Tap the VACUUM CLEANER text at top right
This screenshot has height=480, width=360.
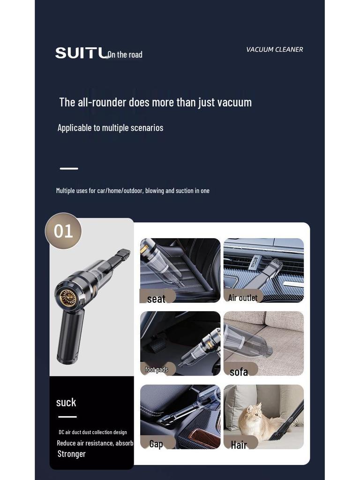pos(274,49)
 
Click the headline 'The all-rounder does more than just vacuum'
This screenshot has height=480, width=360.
pos(155,102)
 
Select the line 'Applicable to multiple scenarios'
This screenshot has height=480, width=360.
pos(110,127)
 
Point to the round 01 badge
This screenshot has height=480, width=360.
pos(63,231)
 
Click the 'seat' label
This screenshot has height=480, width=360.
pos(156,299)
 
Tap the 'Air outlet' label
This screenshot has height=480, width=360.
pos(242,298)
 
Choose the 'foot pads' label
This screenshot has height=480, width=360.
pos(156,369)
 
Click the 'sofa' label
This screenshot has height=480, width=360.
pos(239,372)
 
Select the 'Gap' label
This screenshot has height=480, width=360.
pos(156,443)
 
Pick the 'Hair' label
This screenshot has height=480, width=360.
pos(239,445)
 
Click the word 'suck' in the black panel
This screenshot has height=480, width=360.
pos(66,402)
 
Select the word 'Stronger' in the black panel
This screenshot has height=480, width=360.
pos(71,454)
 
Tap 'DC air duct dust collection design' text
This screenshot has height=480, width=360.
pos(92,432)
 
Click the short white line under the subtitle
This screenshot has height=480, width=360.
pos(69,168)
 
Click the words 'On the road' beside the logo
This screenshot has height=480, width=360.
pos(125,55)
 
